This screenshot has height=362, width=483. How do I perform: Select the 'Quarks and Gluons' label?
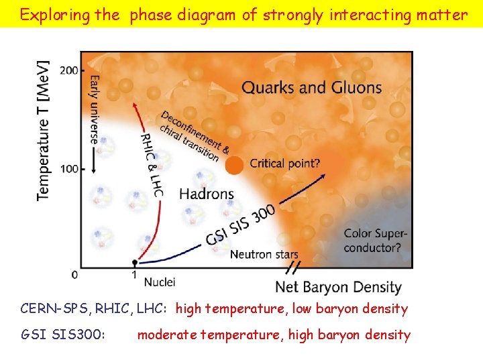(x=311, y=87)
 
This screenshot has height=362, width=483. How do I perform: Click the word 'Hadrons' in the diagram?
(x=207, y=194)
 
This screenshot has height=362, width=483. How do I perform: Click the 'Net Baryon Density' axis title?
(x=338, y=288)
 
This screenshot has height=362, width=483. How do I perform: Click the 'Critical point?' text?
(x=284, y=163)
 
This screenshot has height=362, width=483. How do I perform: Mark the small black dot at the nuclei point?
(x=135, y=262)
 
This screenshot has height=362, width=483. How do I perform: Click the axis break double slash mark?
(x=294, y=268)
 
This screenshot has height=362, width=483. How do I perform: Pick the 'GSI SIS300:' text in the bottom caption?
(x=63, y=335)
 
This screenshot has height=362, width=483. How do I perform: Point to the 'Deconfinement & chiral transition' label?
(x=195, y=135)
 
